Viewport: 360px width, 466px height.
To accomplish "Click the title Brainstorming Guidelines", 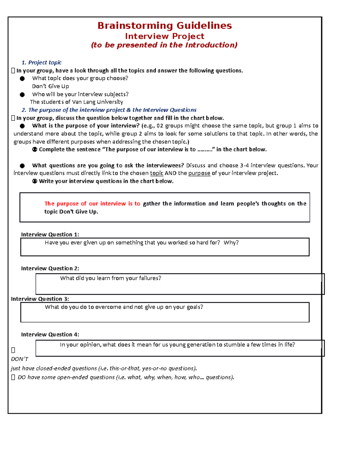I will [165, 26].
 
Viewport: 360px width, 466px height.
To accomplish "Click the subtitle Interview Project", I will [165, 36].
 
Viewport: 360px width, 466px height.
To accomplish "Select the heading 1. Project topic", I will [41, 62].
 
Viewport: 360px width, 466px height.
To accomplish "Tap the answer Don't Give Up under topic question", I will [50, 86].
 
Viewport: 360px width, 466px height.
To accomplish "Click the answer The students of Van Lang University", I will [76, 102].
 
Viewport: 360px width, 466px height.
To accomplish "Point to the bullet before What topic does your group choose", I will [22, 79].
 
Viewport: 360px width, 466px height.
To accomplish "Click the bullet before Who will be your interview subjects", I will [22, 95].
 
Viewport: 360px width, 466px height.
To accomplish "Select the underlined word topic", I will [157, 173].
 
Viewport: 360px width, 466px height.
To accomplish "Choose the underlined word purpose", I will [199, 173].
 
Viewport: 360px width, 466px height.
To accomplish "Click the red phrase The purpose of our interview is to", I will [92, 203].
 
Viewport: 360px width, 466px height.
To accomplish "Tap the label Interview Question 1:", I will [50, 234].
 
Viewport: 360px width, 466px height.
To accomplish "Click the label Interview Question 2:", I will [50, 268].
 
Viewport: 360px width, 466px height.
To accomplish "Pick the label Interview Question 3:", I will [40, 299].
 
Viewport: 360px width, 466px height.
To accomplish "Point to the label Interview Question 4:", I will [50, 334].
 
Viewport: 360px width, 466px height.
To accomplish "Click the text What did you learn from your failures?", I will [111, 278].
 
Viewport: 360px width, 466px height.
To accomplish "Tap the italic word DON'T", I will [19, 359].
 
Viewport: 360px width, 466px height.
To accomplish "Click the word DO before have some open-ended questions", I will [22, 377].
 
